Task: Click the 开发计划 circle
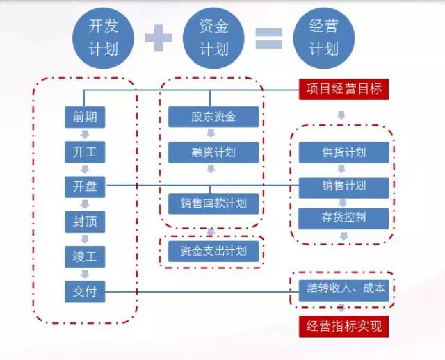pyautogui.click(x=103, y=38)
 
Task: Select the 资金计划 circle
pyautogui.click(x=213, y=38)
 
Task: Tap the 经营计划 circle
pyautogui.click(x=323, y=38)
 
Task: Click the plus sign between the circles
pyautogui.click(x=159, y=38)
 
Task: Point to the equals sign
pyautogui.click(x=268, y=38)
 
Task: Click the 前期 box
pyautogui.click(x=84, y=117)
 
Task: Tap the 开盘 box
pyautogui.click(x=84, y=186)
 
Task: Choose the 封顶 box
pyautogui.click(x=84, y=222)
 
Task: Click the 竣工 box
pyautogui.click(x=84, y=256)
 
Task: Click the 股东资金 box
pyautogui.click(x=213, y=117)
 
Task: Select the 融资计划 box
pyautogui.click(x=213, y=152)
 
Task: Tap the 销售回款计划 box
pyautogui.click(x=213, y=203)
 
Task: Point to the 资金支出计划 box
pyautogui.click(x=213, y=249)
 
